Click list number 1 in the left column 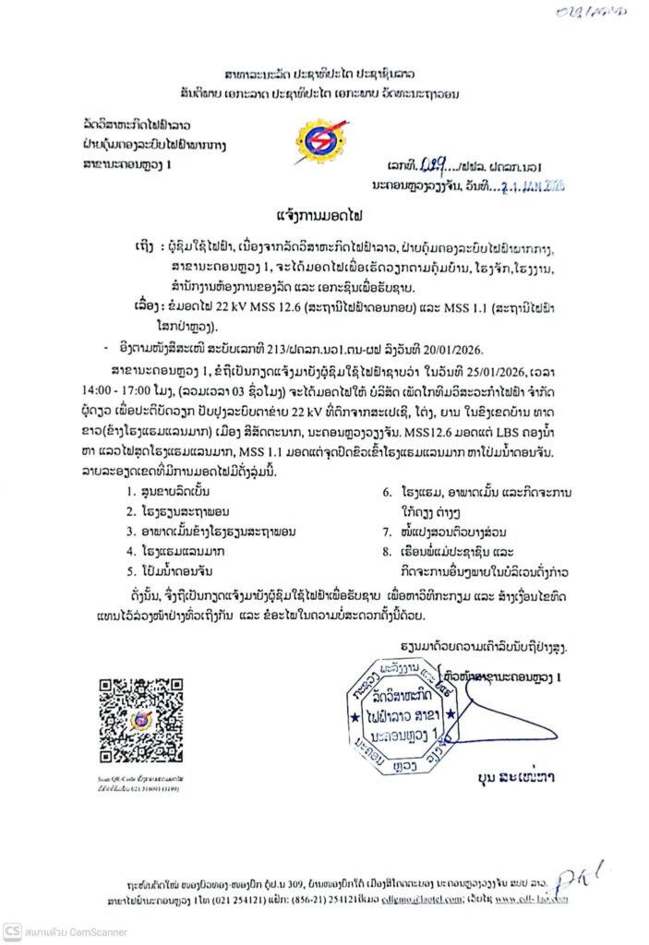tap(129, 492)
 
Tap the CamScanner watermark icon tap(12, 931)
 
